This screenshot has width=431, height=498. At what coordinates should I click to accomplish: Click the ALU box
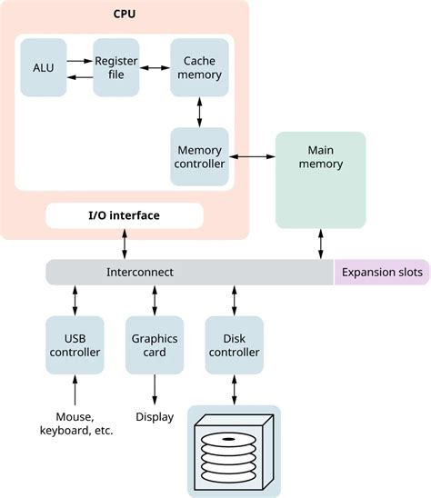(43, 67)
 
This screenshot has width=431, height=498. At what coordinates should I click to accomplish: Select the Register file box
(115, 67)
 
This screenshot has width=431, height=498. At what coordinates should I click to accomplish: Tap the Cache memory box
(198, 67)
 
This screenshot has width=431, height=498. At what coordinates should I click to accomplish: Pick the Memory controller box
(198, 156)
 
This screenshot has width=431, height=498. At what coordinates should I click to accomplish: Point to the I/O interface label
(124, 215)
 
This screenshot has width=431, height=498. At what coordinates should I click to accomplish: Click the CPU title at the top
(124, 15)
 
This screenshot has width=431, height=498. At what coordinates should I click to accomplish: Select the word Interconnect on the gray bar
(140, 272)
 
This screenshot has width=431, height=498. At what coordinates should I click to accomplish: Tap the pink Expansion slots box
(382, 272)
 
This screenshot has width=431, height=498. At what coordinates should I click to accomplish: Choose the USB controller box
(75, 344)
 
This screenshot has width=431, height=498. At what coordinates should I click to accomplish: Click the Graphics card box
(155, 344)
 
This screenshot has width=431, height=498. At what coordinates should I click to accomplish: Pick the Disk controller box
(235, 344)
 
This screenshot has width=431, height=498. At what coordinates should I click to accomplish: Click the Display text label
(155, 417)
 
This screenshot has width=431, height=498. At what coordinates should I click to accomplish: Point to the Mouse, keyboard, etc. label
(76, 423)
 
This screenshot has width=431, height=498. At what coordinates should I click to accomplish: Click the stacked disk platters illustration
(233, 452)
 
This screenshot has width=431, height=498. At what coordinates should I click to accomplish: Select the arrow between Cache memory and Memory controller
(198, 112)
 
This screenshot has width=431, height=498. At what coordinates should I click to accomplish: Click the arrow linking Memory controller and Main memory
(251, 157)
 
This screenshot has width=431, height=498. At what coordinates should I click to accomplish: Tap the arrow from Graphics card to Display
(155, 388)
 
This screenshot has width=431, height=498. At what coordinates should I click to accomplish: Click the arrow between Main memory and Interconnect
(320, 244)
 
